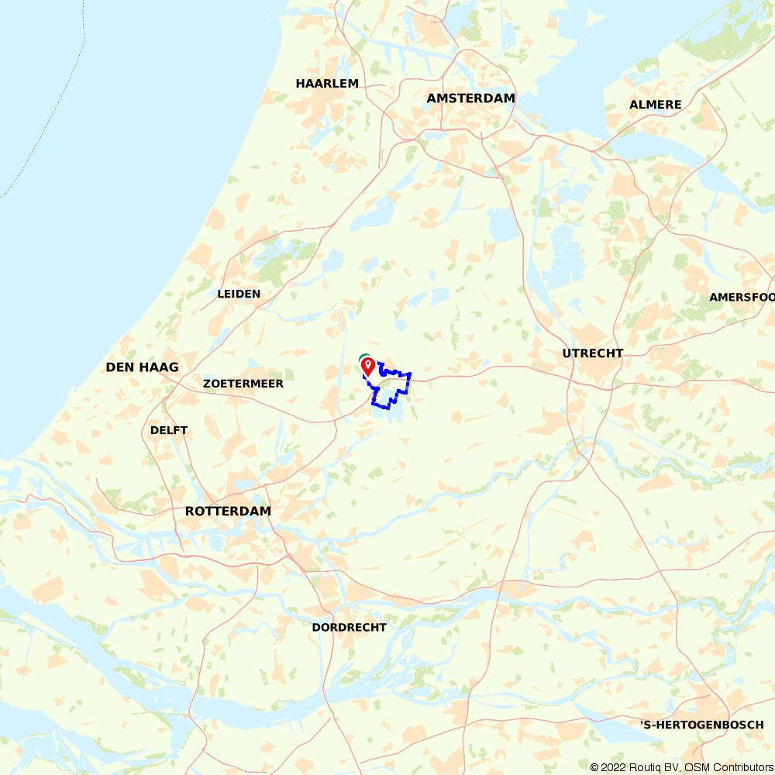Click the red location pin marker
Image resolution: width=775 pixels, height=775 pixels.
(x=369, y=365)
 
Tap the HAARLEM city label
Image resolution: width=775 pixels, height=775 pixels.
(x=327, y=84)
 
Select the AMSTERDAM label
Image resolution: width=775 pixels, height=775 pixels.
(x=471, y=98)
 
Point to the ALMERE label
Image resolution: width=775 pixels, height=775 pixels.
(x=656, y=105)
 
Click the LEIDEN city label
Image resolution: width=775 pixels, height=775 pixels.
(x=239, y=294)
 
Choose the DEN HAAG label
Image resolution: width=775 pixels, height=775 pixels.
(x=143, y=367)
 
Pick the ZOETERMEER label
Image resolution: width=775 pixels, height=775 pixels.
(x=243, y=384)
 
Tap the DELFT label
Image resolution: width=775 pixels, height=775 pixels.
(x=169, y=430)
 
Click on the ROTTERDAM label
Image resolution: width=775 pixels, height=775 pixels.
(x=228, y=511)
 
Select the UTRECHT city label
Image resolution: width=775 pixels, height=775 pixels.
(x=593, y=353)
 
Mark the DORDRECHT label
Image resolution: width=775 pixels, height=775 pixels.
(x=349, y=627)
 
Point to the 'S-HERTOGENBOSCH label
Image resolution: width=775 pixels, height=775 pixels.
(x=702, y=725)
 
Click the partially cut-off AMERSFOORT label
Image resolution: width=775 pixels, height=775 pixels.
(x=742, y=298)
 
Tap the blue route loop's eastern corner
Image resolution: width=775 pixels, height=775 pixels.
(x=409, y=375)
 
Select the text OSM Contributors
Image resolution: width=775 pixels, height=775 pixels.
(x=728, y=767)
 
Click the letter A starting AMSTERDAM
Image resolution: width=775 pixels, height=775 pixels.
(x=432, y=98)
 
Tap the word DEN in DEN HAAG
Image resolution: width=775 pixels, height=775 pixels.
(x=120, y=367)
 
